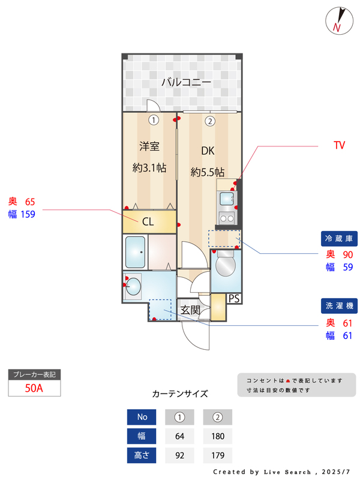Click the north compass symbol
coord(338,20)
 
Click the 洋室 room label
coord(149,146)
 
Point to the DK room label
coord(208,151)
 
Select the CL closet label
coord(148,221)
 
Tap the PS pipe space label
coord(234,298)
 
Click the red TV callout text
coord(339,145)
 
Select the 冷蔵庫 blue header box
coord(339,238)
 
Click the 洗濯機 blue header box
coord(339,306)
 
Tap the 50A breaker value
coord(34,388)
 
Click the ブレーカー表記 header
coord(34,374)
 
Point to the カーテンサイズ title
coord(180,394)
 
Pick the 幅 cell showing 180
coord(217,436)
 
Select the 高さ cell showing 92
coord(179,455)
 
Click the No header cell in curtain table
coord(142,417)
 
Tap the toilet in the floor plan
coord(226,265)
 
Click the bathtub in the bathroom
coord(136,252)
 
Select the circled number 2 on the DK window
coord(209,121)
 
